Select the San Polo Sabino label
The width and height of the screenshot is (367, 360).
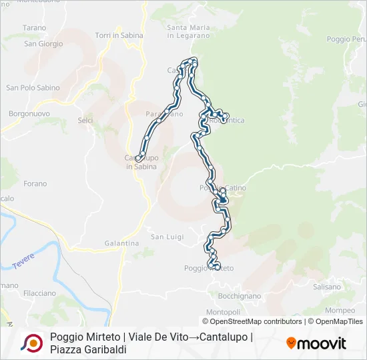pyautogui.click(x=33, y=88)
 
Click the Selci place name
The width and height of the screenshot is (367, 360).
pyautogui.click(x=85, y=121)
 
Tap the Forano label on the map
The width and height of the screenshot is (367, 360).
pyautogui.click(x=35, y=184)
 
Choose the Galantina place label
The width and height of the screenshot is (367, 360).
pyautogui.click(x=121, y=244)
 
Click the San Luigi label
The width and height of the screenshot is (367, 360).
pyautogui.click(x=167, y=237)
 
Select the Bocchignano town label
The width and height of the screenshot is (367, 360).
pyautogui.click(x=238, y=295)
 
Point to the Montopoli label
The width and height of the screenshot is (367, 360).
pyautogui.click(x=223, y=312)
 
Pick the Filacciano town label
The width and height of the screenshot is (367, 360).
pyautogui.click(x=39, y=293)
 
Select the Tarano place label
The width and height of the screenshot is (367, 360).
pyautogui.click(x=35, y=28)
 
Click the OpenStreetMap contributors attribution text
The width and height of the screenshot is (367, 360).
pyautogui.click(x=256, y=321)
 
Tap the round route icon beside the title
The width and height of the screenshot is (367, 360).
pyautogui.click(x=31, y=343)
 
